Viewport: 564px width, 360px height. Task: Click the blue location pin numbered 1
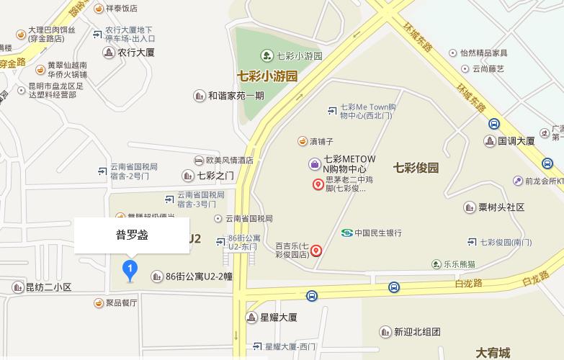pyautogui.click(x=130, y=271)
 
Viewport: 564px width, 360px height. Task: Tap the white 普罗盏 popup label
pyautogui.click(x=132, y=235)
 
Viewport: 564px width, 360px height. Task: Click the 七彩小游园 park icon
pyautogui.click(x=266, y=55)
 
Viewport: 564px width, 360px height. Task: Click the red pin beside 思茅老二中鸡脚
pyautogui.click(x=318, y=184)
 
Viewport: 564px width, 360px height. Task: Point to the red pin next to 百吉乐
pyautogui.click(x=315, y=251)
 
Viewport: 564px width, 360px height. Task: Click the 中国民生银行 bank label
pyautogui.click(x=372, y=233)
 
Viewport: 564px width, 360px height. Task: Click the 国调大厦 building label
pyautogui.click(x=516, y=141)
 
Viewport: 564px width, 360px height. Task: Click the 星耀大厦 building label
pyautogui.click(x=277, y=318)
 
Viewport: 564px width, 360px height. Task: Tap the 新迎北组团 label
pyautogui.click(x=416, y=332)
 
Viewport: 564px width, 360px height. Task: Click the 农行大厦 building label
pyautogui.click(x=136, y=53)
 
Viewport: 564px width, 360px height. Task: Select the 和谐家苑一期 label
pyautogui.click(x=236, y=96)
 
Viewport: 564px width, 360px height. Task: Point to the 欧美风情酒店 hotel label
pyautogui.click(x=229, y=161)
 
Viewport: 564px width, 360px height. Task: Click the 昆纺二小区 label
pyautogui.click(x=48, y=287)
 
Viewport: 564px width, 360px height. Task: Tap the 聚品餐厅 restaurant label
pyautogui.click(x=120, y=303)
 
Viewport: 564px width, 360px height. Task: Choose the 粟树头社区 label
pyautogui.click(x=501, y=207)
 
